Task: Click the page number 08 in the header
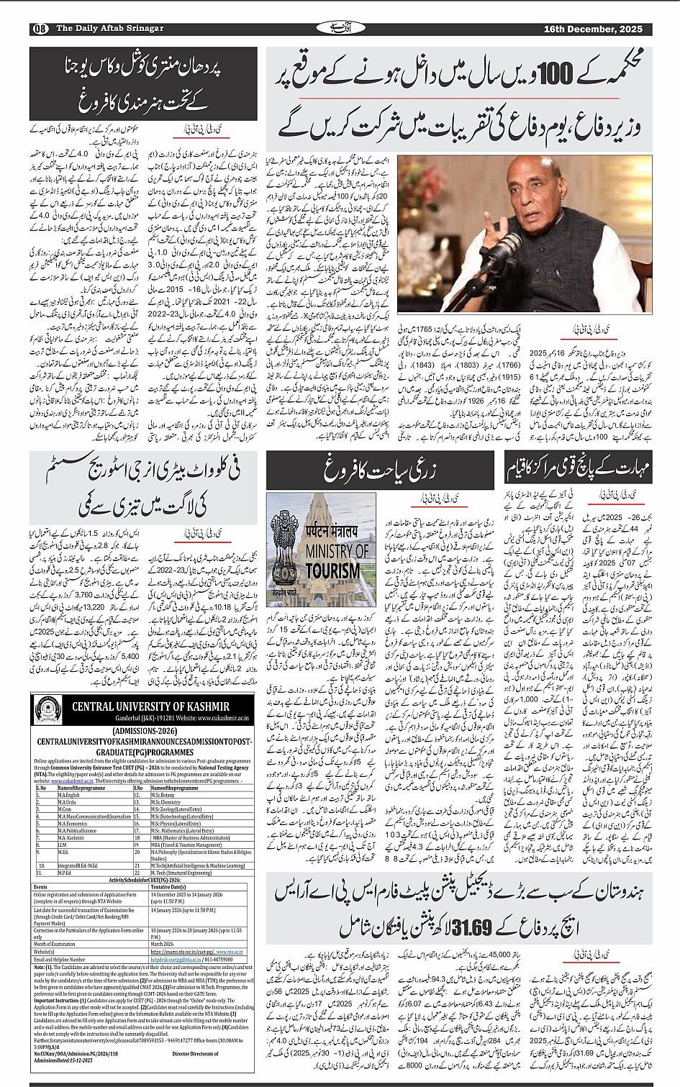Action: [39, 29]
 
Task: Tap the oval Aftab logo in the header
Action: [338, 28]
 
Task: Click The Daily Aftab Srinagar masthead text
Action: [100, 29]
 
